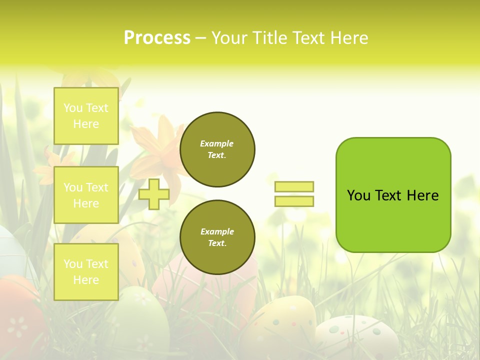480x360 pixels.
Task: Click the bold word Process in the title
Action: tap(157, 38)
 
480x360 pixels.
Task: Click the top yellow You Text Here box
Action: tap(86, 116)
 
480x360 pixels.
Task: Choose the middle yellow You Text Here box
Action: tap(86, 195)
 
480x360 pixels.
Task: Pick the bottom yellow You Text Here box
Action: tap(86, 272)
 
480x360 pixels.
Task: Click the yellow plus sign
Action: tap(154, 194)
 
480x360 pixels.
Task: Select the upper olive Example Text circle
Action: tap(217, 149)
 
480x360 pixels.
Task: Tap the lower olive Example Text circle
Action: tap(217, 237)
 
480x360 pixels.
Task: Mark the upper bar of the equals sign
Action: tap(294, 186)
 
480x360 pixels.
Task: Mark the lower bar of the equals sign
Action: tap(294, 201)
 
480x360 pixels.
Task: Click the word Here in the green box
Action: tap(422, 195)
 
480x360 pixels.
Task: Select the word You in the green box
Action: tap(358, 195)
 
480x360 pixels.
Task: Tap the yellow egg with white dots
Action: tap(280, 325)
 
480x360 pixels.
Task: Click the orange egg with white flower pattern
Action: tap(17, 320)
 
